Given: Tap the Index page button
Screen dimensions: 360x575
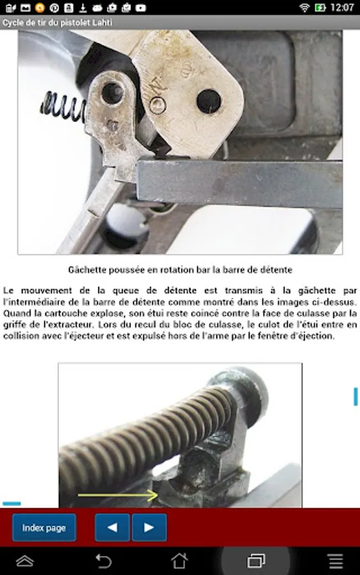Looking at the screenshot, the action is pos(44,528).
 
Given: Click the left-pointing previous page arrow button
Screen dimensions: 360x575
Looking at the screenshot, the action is pos(113,528).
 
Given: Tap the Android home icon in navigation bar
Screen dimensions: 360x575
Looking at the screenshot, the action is pos(180,561).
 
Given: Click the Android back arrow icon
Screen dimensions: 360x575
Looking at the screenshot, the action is pos(104,561).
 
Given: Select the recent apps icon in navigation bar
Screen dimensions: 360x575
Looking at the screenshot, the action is pos(256,561).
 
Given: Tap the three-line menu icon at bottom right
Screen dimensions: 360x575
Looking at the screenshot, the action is pos(336,561).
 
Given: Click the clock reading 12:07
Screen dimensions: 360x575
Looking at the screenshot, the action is pos(342,7).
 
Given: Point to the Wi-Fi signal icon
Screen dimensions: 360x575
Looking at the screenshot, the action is pos(304,7).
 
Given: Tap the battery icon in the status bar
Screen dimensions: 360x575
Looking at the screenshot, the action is pos(320,7).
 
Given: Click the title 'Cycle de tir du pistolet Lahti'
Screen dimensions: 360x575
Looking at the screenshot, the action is pos(58,23).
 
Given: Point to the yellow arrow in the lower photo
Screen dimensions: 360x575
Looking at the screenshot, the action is pos(118,495).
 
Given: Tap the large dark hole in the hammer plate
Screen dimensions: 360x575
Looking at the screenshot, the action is pos(209,101).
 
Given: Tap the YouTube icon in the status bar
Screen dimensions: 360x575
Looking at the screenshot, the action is pos(141,8).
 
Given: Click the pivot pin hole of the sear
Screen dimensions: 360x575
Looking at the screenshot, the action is pos(113,93).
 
